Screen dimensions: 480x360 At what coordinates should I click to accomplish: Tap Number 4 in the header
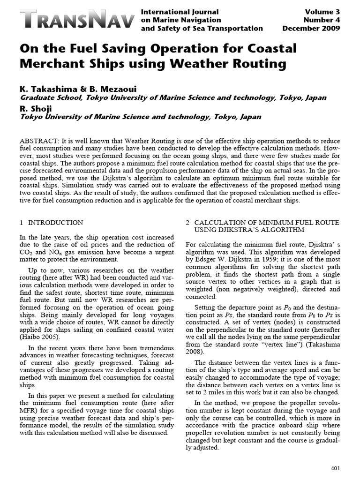click(x=322, y=20)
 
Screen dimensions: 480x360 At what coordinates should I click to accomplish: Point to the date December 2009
click(x=311, y=29)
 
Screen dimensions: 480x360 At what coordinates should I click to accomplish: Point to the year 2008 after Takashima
click(x=195, y=351)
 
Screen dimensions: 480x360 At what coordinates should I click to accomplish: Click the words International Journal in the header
click(x=179, y=12)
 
